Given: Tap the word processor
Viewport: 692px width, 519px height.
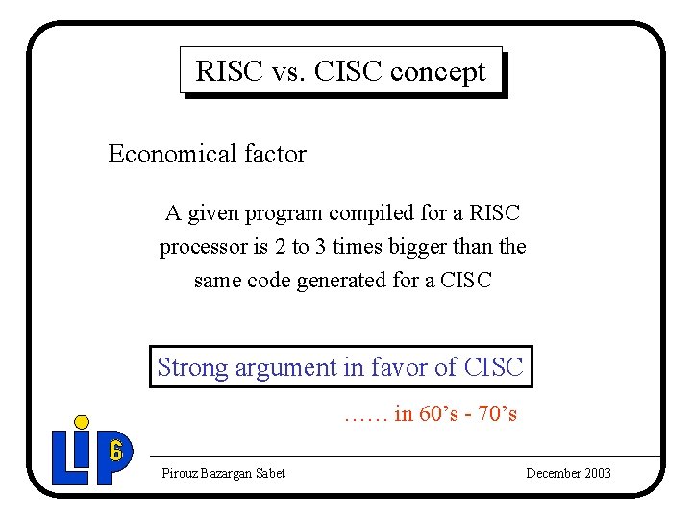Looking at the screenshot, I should click(203, 247).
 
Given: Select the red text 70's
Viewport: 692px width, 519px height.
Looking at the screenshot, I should click(497, 414).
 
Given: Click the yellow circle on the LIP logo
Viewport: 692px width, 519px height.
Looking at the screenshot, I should click(83, 422).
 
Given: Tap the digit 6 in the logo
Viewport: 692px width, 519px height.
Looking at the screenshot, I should click(115, 450).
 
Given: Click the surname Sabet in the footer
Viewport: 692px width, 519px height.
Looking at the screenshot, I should click(268, 473).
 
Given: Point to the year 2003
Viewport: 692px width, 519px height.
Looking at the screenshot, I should click(597, 473).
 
